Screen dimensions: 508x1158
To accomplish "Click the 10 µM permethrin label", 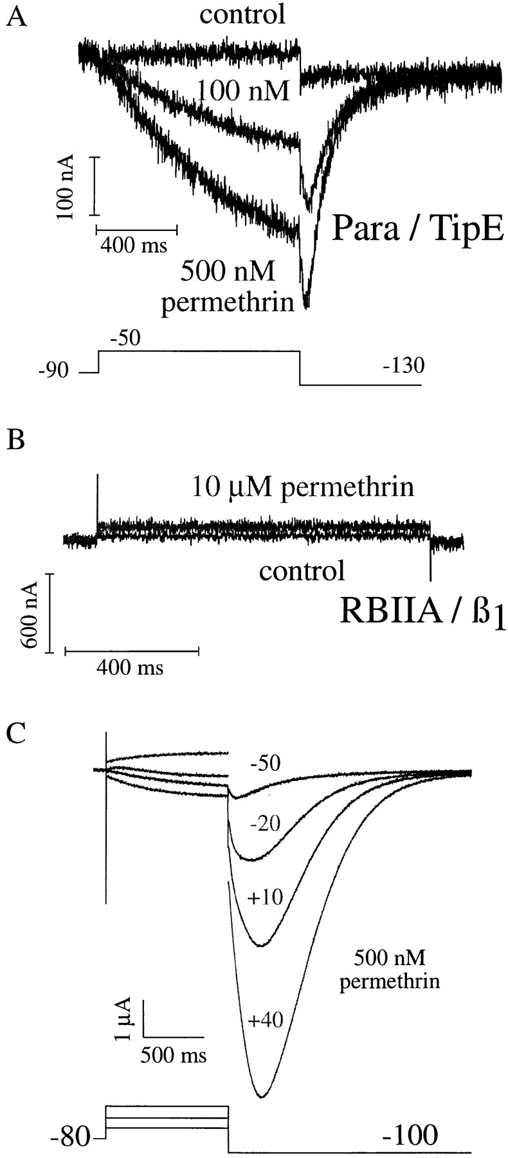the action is [302, 487].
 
